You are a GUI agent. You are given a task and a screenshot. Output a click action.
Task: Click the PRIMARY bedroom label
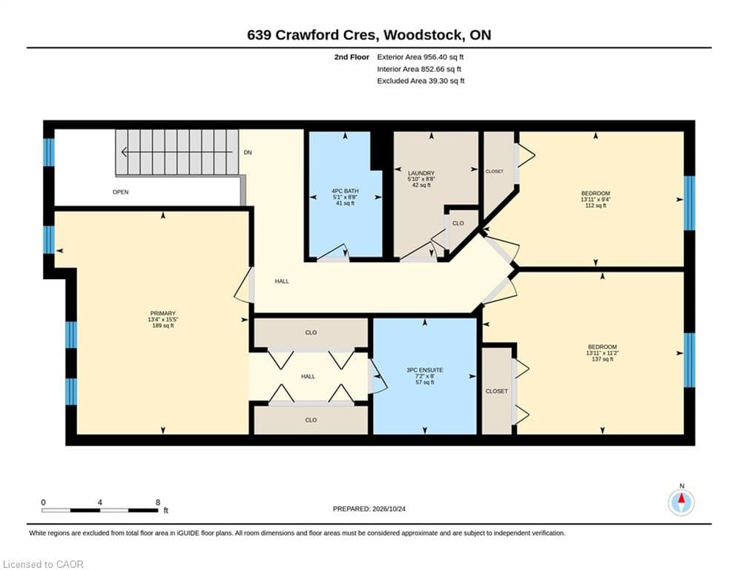(x=163, y=313)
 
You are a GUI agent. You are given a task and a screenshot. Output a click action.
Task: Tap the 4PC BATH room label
(x=345, y=191)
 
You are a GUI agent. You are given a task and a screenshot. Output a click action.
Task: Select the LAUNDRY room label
(x=421, y=174)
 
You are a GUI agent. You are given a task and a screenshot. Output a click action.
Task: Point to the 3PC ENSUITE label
(x=424, y=370)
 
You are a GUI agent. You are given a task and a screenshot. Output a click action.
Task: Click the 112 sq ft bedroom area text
(x=596, y=206)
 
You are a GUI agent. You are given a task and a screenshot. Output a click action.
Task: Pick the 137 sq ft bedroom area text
(x=602, y=359)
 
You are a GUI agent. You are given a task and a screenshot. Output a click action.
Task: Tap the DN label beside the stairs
(x=248, y=152)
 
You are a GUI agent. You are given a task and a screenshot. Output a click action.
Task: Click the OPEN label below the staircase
(x=120, y=191)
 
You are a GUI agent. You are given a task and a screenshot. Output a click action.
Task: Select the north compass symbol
(x=681, y=502)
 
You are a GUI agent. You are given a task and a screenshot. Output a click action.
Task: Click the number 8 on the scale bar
(x=158, y=502)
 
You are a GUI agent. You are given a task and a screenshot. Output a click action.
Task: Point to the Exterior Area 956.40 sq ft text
(x=421, y=57)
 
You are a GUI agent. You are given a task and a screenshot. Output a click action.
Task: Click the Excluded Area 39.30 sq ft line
(x=421, y=81)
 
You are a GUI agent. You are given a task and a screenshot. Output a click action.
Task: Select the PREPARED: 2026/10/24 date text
(x=369, y=508)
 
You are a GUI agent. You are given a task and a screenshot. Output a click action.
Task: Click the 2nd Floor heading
(x=352, y=57)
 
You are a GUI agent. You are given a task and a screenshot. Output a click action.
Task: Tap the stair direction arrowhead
(x=125, y=152)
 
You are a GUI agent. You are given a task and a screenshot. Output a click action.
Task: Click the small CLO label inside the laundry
(x=458, y=223)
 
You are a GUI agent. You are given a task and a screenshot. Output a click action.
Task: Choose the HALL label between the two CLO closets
(x=309, y=376)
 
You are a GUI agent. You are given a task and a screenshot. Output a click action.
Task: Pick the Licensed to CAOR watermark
(x=43, y=564)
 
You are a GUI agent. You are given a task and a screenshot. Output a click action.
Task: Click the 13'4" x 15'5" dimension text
(x=163, y=319)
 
